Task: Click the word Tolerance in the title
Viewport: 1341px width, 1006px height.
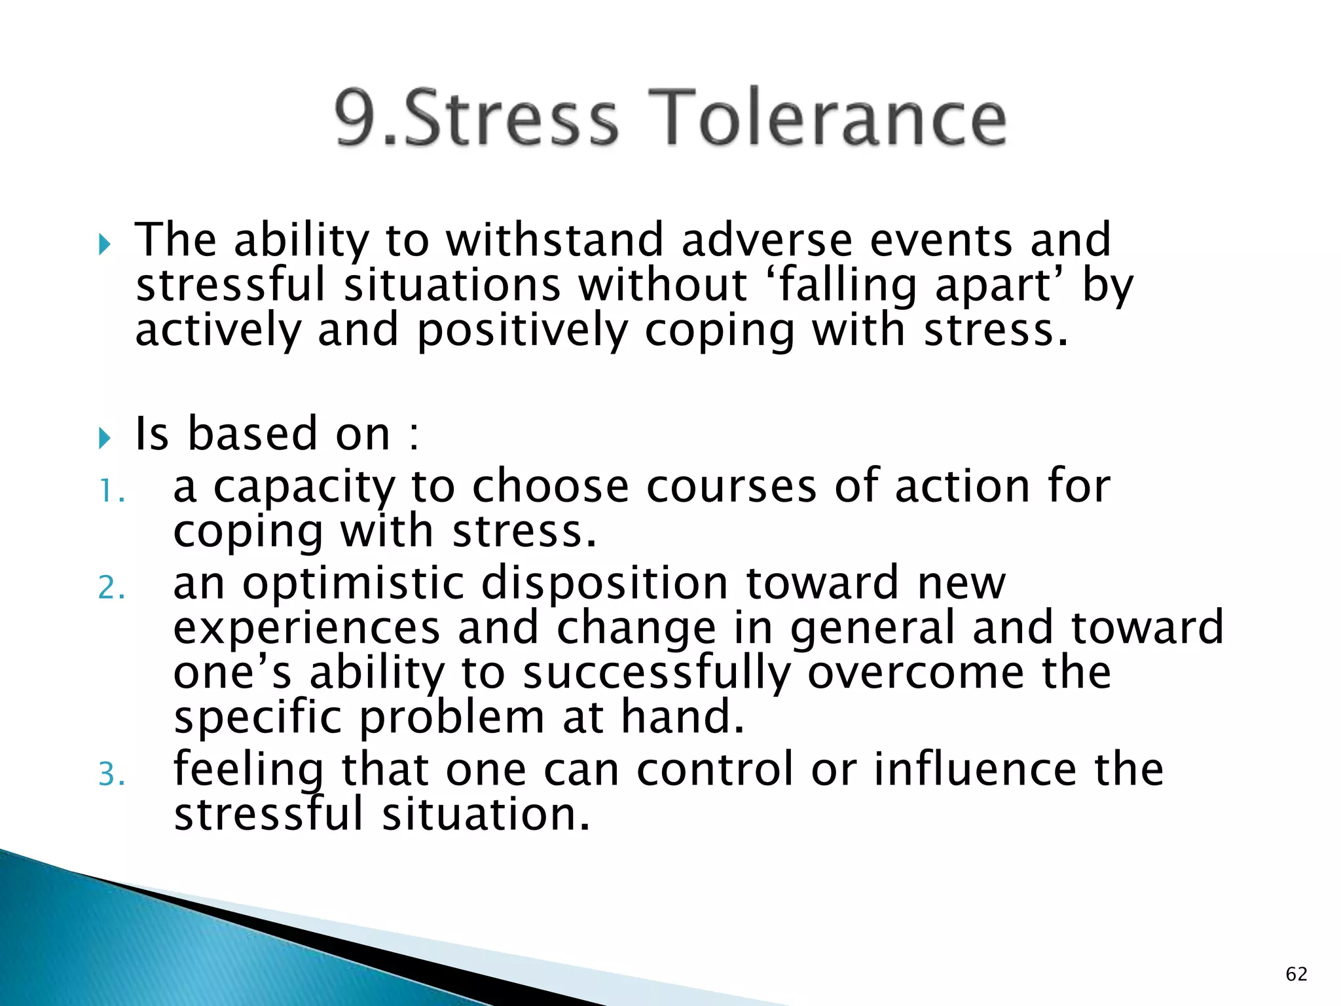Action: coord(828,118)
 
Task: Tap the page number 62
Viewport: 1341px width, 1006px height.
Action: coord(1296,974)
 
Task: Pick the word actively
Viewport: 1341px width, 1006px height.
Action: coord(218,330)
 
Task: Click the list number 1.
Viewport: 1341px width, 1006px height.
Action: coord(111,491)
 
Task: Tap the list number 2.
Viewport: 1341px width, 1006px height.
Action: coord(111,587)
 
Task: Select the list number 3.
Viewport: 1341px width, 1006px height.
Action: coord(111,775)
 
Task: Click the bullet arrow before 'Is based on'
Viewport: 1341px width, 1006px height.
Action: coord(105,438)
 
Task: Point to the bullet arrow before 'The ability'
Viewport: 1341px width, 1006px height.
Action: coord(105,245)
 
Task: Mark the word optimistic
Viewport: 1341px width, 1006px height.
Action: coord(354,584)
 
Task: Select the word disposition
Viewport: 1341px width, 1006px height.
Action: coord(606,584)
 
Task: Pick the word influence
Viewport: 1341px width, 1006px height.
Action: coord(976,770)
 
